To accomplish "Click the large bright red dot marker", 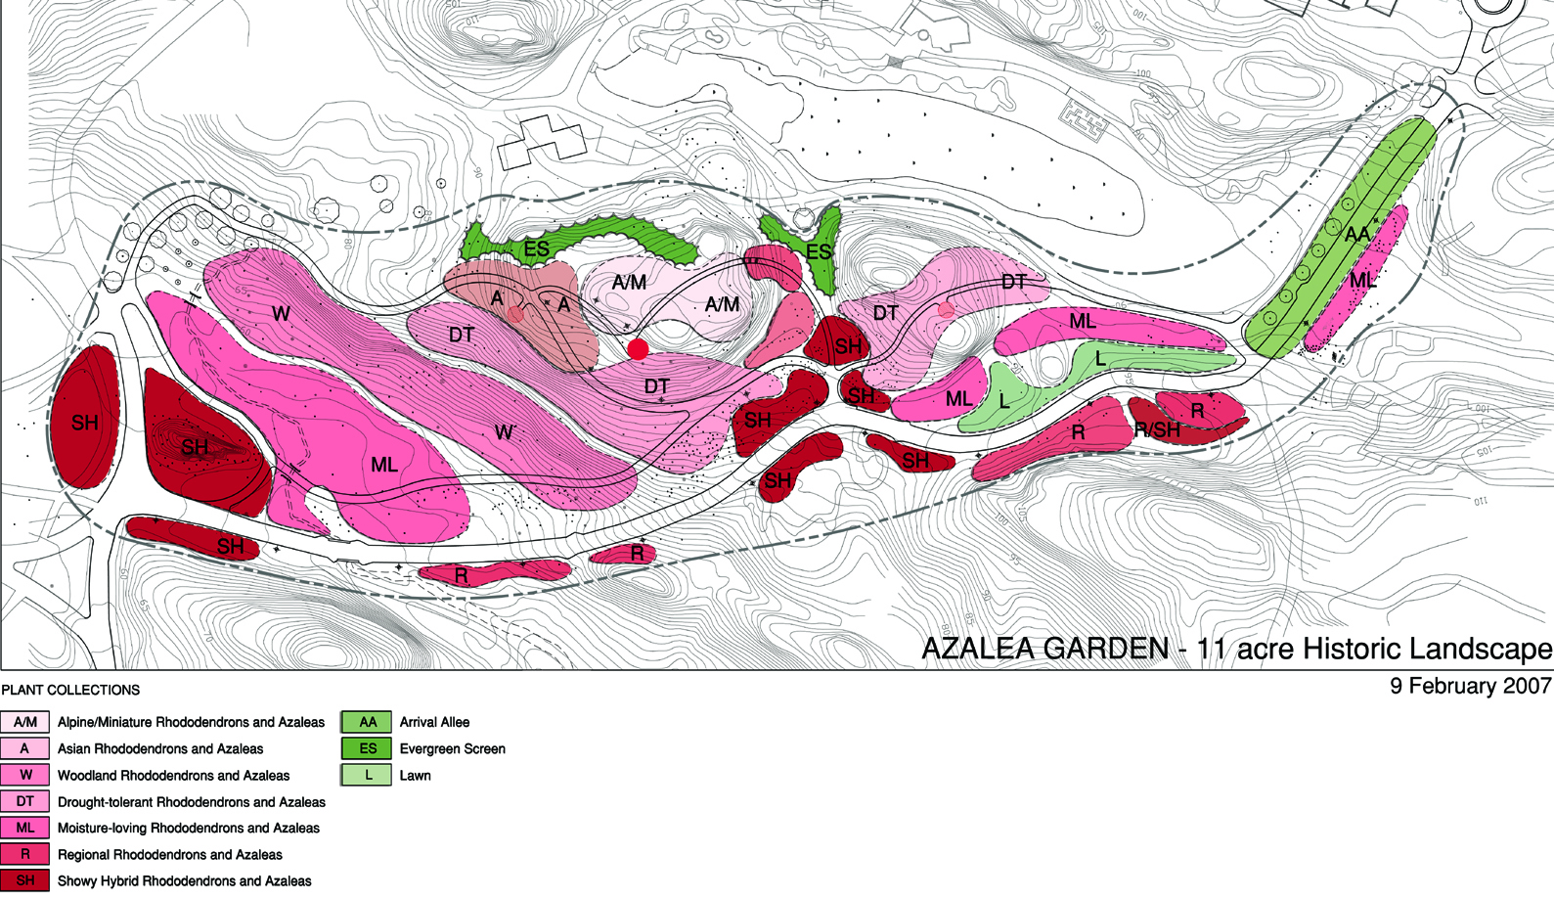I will pos(638,349).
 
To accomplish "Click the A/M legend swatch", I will pos(25,722).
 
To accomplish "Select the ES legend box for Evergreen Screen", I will pos(367,748).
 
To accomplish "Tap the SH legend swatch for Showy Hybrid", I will pos(25,880).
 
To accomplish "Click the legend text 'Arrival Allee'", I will pos(434,722).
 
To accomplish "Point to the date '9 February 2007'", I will pos(1470,686).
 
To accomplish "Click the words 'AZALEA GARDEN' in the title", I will pos(1044,649).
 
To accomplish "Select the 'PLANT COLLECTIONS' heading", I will pos(70,690).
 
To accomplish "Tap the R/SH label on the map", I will pos(1157,430).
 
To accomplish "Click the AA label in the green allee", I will pos(1357,235).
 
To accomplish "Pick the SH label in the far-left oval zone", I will pos(85,423).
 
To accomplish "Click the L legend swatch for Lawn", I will pos(367,775).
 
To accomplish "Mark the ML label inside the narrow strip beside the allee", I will pos(1362,281).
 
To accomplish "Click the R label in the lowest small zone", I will pos(461,576).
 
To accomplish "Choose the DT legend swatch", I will pos(25,801).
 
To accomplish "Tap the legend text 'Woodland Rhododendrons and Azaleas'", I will pos(173,775).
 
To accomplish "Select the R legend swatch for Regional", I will pos(25,854).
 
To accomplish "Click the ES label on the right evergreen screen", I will pos(819,251).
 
